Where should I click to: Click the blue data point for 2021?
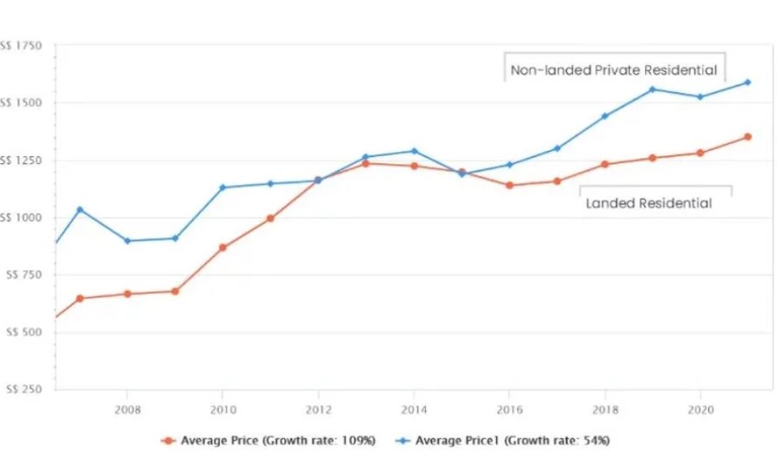pyautogui.click(x=747, y=82)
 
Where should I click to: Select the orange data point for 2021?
pyautogui.click(x=747, y=136)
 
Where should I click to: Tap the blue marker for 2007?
pyautogui.click(x=80, y=209)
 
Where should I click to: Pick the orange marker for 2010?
pyautogui.click(x=222, y=247)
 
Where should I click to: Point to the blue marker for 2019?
pyautogui.click(x=652, y=89)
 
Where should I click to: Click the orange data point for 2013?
pyautogui.click(x=366, y=163)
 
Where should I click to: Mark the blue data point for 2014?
pyautogui.click(x=414, y=151)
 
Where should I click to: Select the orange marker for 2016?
pyautogui.click(x=509, y=185)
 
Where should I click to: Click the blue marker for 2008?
pyautogui.click(x=128, y=240)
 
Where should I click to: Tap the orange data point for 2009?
pyautogui.click(x=175, y=292)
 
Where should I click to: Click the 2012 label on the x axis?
pyautogui.click(x=318, y=408)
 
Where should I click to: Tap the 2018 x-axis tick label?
pyautogui.click(x=605, y=408)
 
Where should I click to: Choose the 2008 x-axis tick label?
pyautogui.click(x=128, y=408)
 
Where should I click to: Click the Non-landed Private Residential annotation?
pyautogui.click(x=614, y=70)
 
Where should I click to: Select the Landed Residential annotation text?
pyautogui.click(x=648, y=203)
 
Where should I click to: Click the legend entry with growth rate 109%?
pyautogui.click(x=269, y=441)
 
